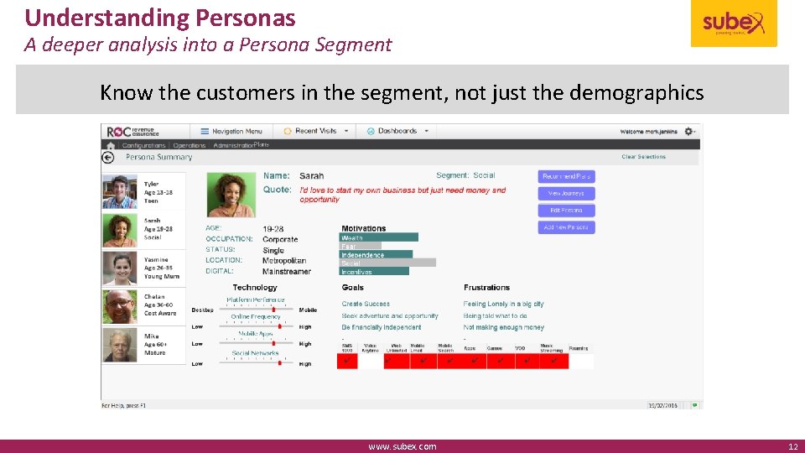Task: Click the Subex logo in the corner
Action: coord(734,23)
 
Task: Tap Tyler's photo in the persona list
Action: coord(120,191)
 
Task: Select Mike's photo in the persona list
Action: coord(120,344)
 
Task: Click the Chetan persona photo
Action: coord(120,306)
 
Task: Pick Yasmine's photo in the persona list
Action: coord(120,268)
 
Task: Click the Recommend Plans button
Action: coord(567,176)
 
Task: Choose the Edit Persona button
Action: coord(567,210)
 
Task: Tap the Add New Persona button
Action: coord(567,227)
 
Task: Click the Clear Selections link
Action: coord(643,157)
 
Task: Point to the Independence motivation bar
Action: coord(377,254)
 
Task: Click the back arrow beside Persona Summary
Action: coord(108,157)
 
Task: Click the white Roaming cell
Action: coord(581,361)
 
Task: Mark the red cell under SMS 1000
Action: coord(347,361)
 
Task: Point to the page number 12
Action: coord(792,446)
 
